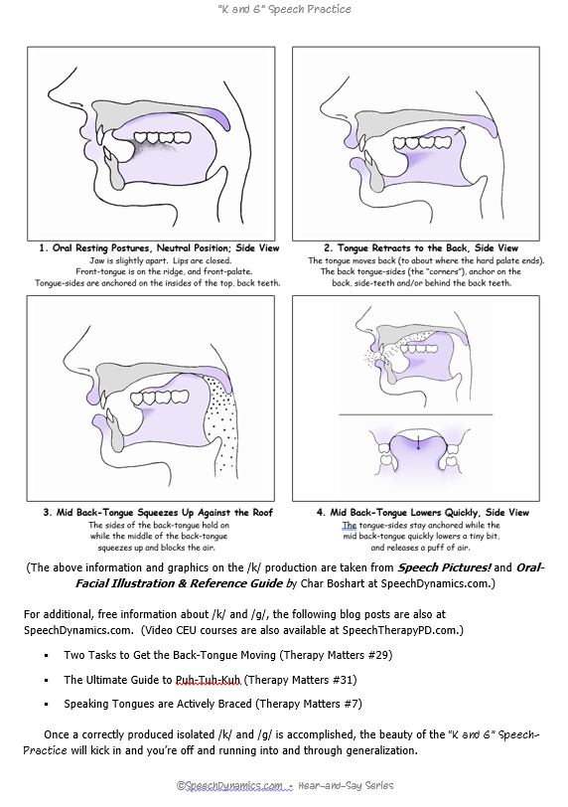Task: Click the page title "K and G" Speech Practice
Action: pyautogui.click(x=284, y=10)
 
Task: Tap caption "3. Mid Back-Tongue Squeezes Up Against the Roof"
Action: pyautogui.click(x=158, y=512)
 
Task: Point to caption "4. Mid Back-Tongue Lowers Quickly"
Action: pyautogui.click(x=422, y=512)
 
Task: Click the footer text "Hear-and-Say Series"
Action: pyautogui.click(x=347, y=785)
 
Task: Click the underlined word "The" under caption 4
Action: pyautogui.click(x=349, y=525)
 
